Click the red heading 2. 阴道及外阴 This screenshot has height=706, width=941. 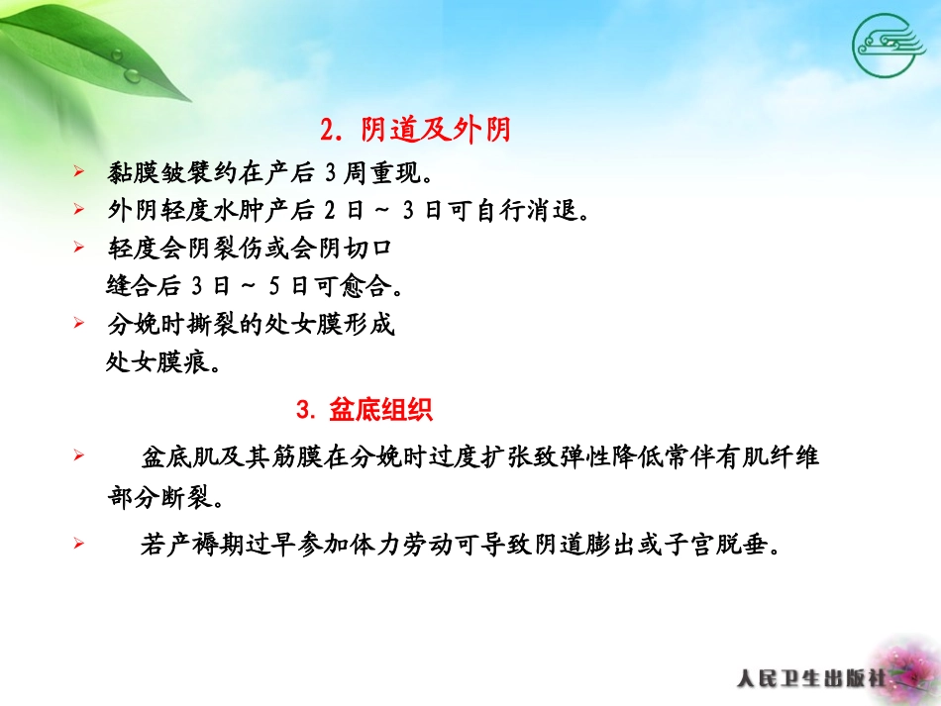point(415,130)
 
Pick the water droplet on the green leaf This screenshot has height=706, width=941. point(132,74)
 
